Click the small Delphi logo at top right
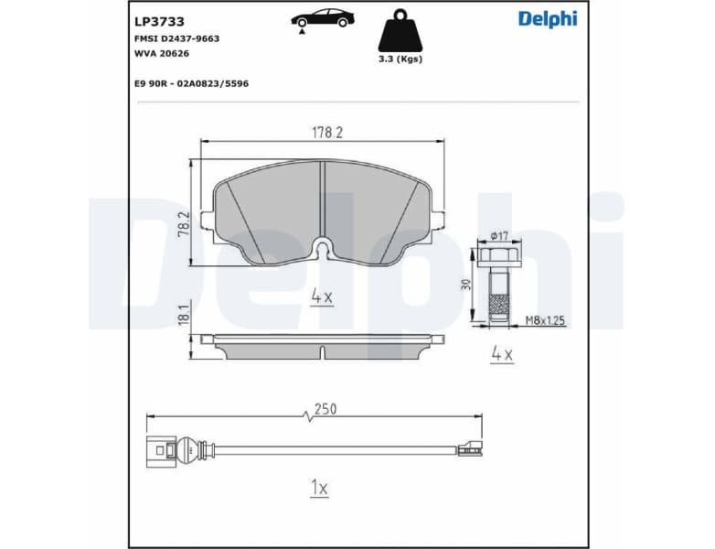548,18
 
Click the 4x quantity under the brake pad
320,296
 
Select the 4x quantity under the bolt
500,352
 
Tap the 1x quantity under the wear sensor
318,489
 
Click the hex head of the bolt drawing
498,255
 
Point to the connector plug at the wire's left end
162,449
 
